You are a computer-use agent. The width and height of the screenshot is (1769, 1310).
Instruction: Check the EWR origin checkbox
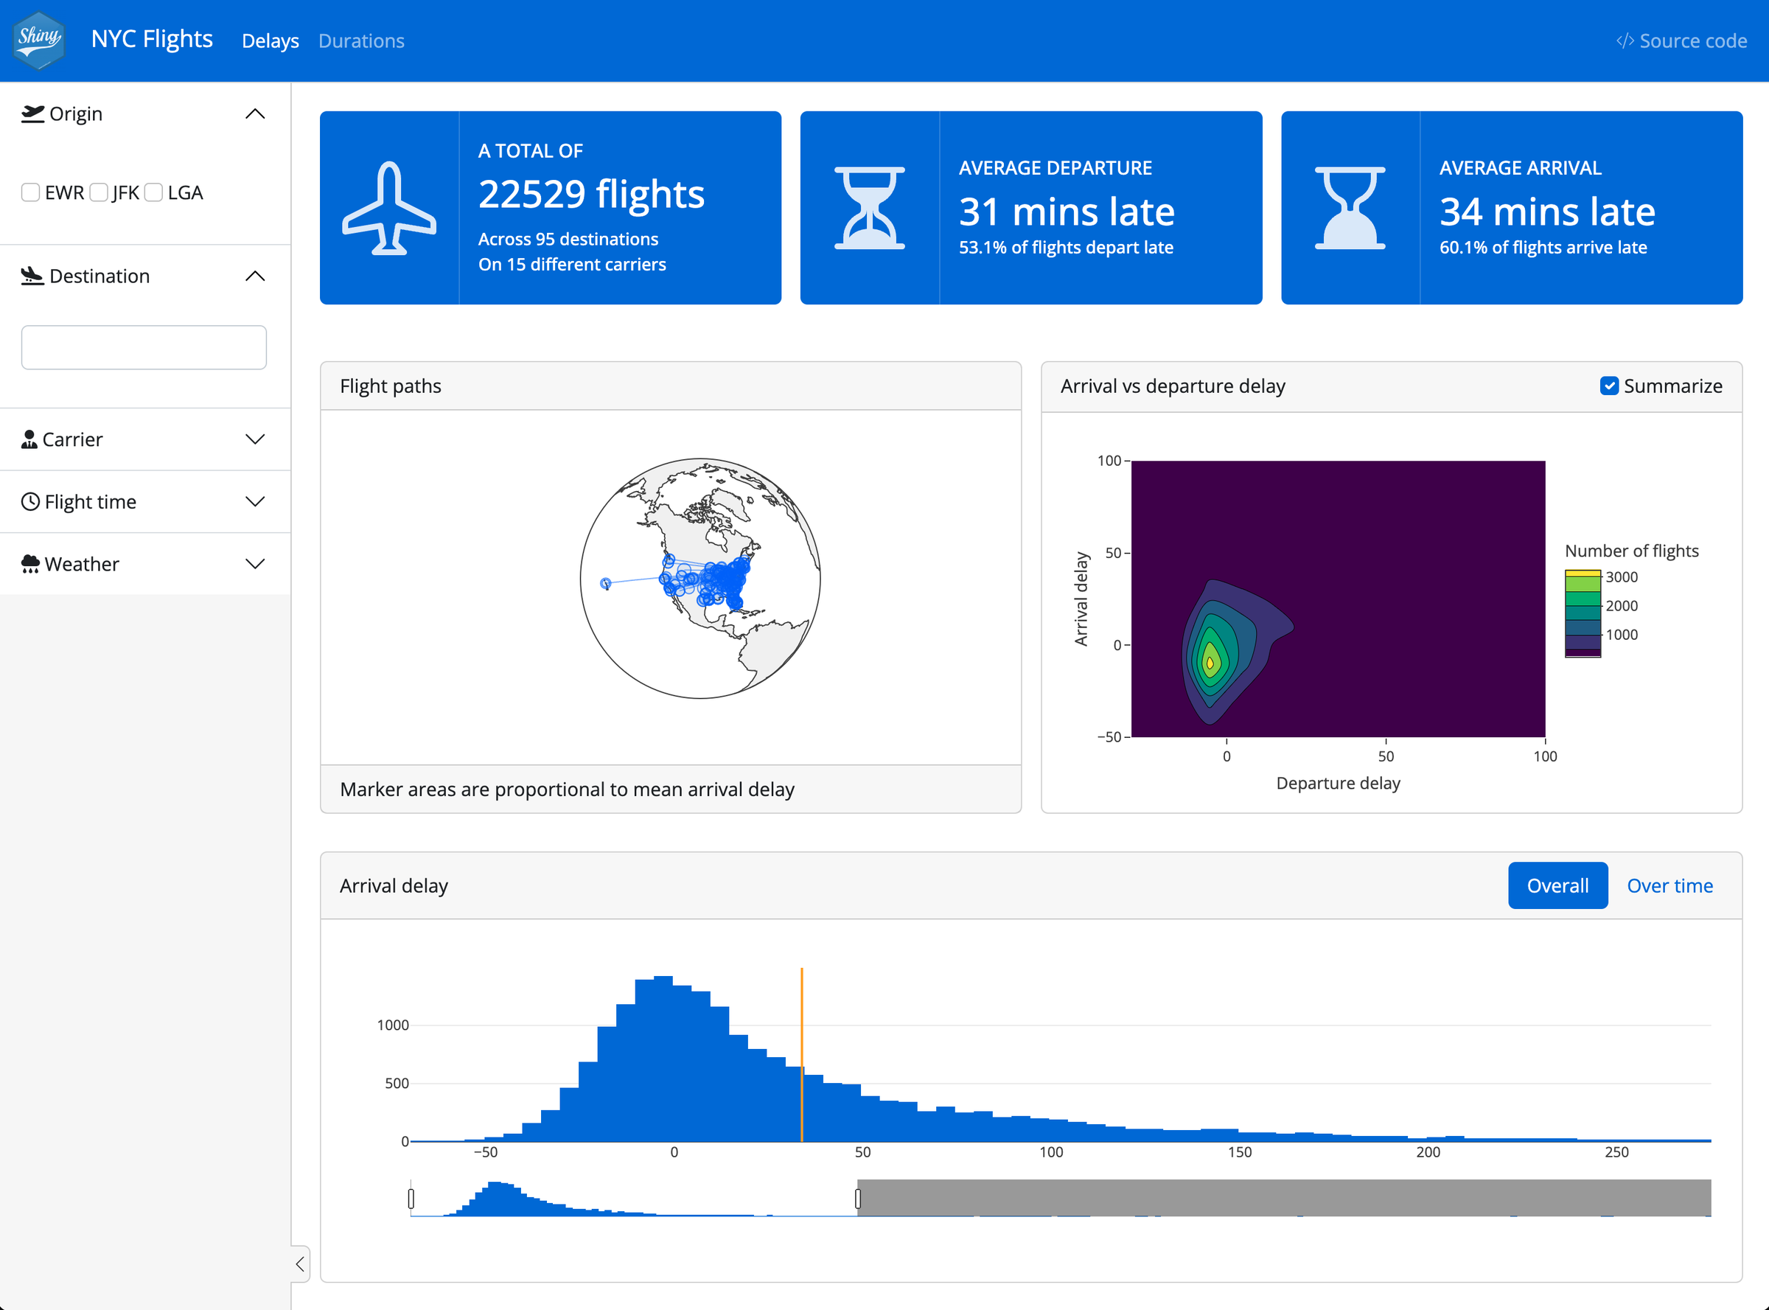pos(31,192)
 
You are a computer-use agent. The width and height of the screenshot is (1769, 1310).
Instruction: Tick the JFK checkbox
pos(99,192)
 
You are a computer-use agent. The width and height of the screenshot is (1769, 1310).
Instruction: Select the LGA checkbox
pos(154,192)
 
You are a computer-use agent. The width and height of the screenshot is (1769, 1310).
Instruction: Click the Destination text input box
pos(144,347)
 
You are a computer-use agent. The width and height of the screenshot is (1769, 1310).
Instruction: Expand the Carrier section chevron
pos(254,439)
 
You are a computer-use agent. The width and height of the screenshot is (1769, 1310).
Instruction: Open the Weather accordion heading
pos(82,564)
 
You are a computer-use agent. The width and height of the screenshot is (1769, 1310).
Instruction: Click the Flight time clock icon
pos(30,502)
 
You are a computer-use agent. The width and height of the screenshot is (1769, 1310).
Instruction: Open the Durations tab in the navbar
pos(360,41)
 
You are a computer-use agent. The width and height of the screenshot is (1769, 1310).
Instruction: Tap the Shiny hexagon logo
pos(39,40)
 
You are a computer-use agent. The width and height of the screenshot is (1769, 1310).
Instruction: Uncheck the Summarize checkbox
pos(1609,386)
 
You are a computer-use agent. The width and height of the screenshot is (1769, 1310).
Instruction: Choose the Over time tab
pos(1669,886)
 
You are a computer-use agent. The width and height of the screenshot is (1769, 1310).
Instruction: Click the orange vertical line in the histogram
pos(802,1055)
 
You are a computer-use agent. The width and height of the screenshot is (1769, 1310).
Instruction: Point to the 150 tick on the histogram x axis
pos(1239,1152)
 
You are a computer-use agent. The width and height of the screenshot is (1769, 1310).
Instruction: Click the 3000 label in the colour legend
pos(1622,577)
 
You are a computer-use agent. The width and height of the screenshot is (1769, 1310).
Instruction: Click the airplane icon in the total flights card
pos(388,208)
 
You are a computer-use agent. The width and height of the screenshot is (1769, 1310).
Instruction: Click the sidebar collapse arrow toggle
pos(301,1264)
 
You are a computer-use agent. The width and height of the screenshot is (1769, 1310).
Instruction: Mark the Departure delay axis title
pos(1338,784)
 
